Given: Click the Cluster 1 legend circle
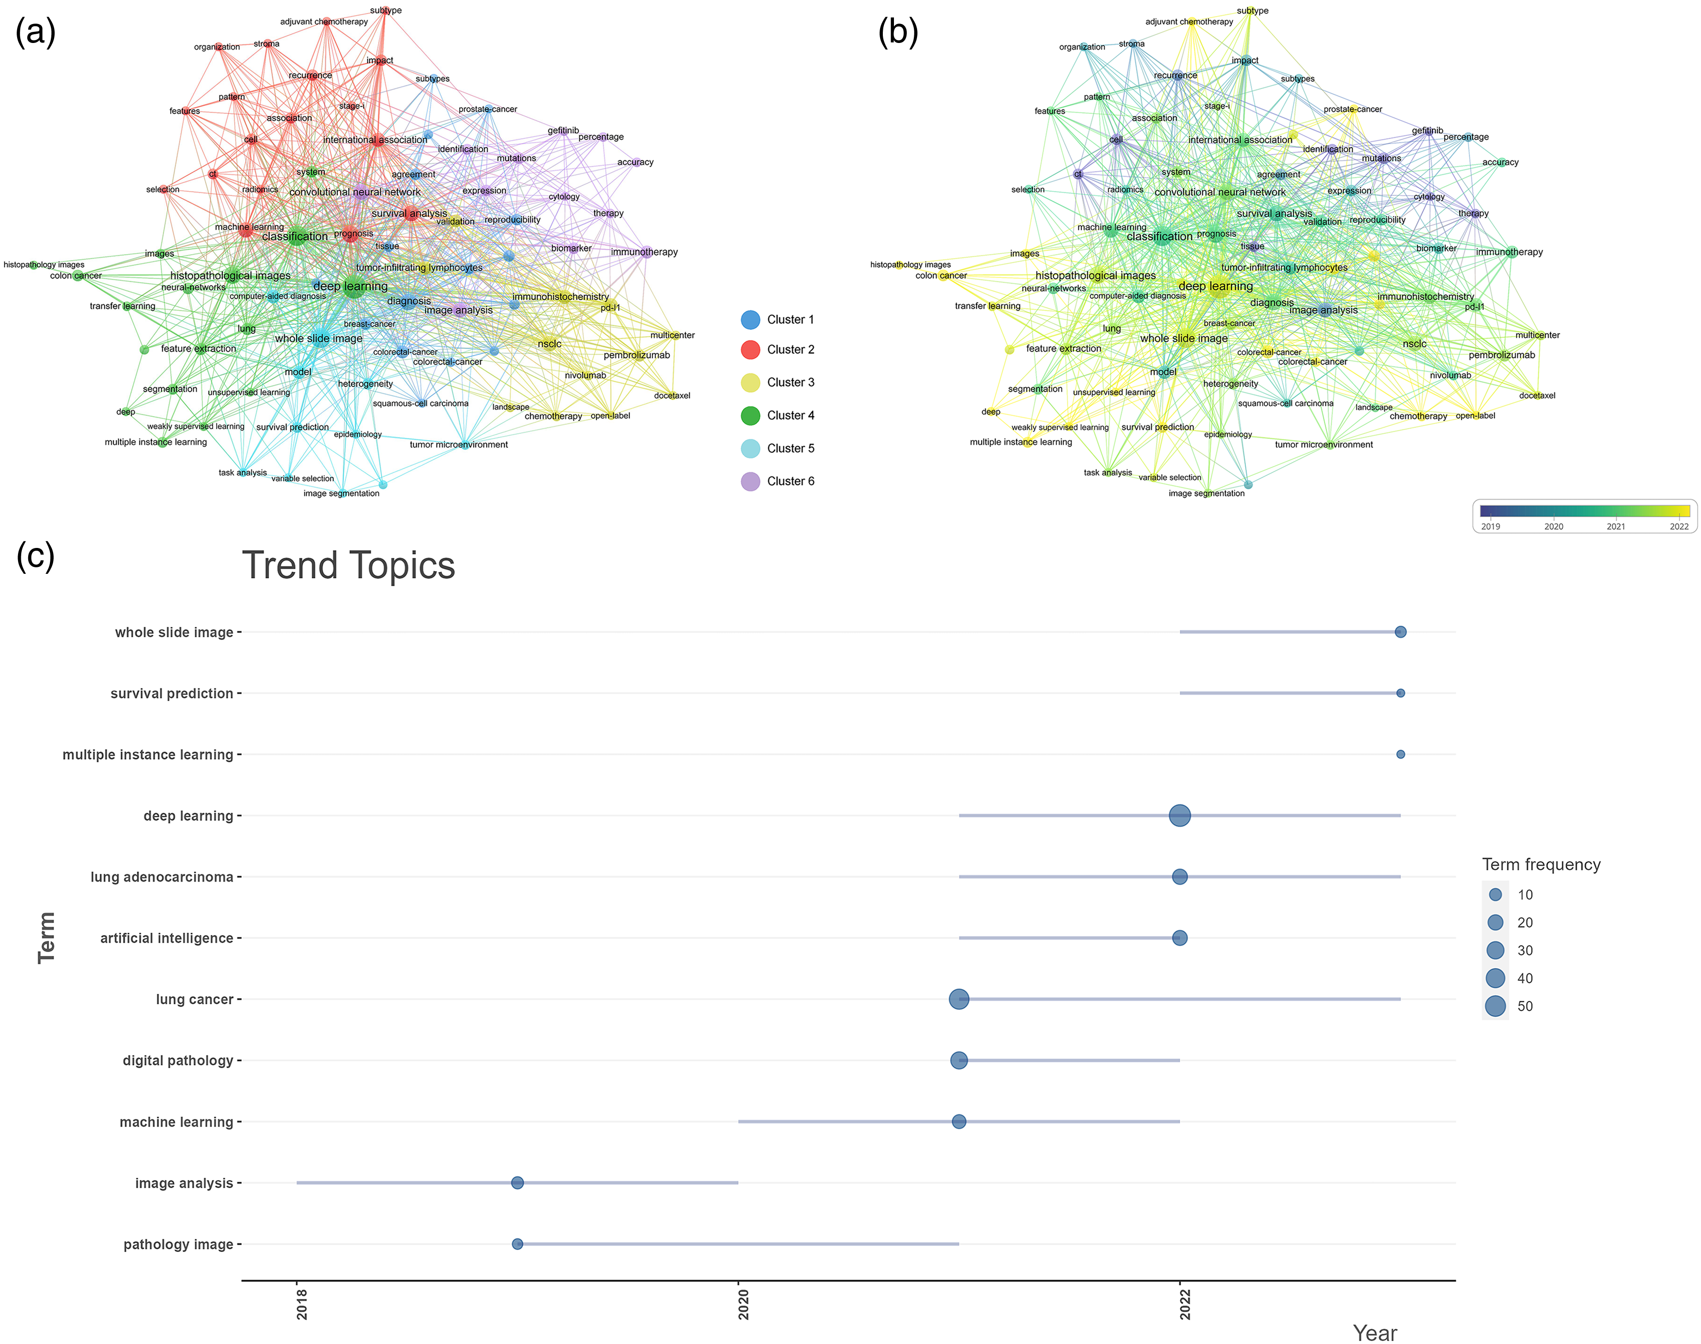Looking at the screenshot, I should pyautogui.click(x=750, y=319).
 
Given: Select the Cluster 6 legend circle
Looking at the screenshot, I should pyautogui.click(x=750, y=481).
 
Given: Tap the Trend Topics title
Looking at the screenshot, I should pyautogui.click(x=348, y=566).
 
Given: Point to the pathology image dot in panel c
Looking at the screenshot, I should pyautogui.click(x=517, y=1244).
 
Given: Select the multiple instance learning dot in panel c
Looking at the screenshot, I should pyautogui.click(x=1400, y=754).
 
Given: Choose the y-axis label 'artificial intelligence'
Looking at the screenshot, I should pyautogui.click(x=167, y=938).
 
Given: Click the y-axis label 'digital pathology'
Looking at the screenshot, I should pyautogui.click(x=178, y=1061).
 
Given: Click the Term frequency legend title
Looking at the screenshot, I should pyautogui.click(x=1541, y=865).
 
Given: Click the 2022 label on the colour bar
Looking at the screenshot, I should pyautogui.click(x=1679, y=526).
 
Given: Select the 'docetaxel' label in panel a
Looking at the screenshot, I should pyautogui.click(x=672, y=396).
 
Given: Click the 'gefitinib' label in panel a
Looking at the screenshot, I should pyautogui.click(x=563, y=131).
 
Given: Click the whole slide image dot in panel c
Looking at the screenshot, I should pyautogui.click(x=1400, y=632).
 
